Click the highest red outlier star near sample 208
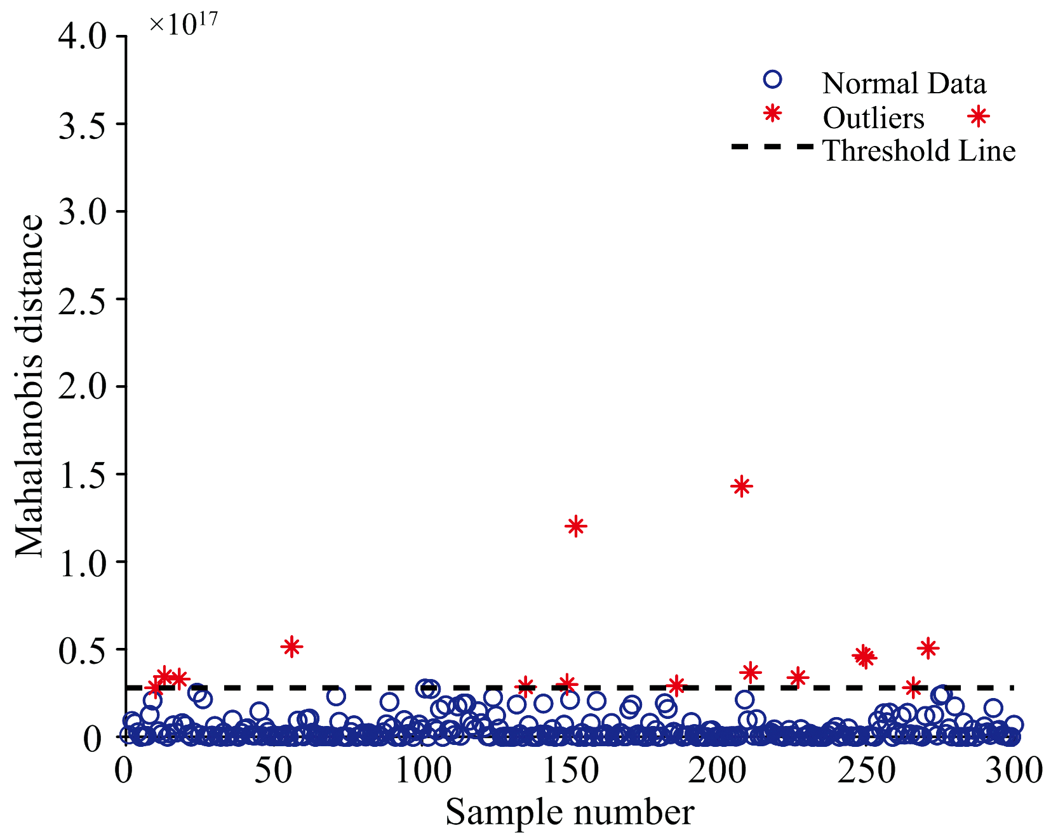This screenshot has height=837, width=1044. coord(741,487)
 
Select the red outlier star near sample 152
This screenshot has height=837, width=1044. coord(576,526)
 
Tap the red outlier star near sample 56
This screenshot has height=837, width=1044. coord(291,647)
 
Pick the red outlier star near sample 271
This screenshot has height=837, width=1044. coord(928,648)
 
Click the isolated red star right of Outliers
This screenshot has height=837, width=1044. coord(979,116)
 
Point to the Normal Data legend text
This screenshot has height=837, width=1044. coord(904,83)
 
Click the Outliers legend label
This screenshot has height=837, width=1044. coord(873,117)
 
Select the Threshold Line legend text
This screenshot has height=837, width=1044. coord(919,151)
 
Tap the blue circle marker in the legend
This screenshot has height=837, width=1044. coord(772,79)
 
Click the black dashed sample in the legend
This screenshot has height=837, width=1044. coord(772,147)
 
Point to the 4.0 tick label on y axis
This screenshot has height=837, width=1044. coord(83,37)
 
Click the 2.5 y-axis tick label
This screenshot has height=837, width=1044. coord(83,299)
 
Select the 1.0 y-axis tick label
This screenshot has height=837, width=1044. coord(83,562)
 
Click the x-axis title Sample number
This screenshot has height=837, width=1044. coord(570,812)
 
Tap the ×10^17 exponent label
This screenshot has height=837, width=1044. coord(183,23)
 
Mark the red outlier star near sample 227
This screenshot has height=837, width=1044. coord(798,677)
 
